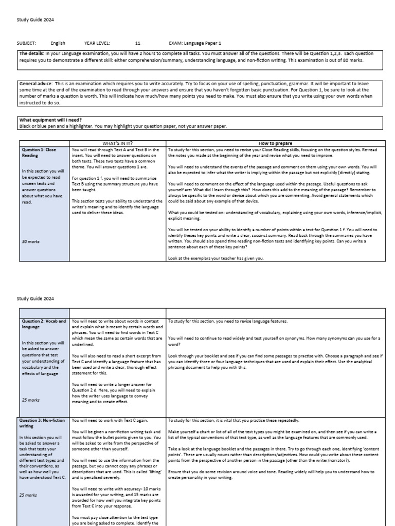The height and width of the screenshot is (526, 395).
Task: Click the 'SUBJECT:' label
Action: point(27,44)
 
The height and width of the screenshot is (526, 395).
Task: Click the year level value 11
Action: point(137,44)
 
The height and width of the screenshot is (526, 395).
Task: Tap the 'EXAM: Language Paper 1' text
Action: point(195,44)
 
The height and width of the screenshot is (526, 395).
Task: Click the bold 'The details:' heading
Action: point(31,53)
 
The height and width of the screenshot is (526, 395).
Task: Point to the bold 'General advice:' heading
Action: point(35,83)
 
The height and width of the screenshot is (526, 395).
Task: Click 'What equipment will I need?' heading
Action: point(47,120)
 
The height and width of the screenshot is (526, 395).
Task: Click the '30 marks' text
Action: point(30,241)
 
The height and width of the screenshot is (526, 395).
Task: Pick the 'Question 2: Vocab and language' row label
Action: point(43,324)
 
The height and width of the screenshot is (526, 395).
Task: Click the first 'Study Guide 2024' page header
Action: point(35,20)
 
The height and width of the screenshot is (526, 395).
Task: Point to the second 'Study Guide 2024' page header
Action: point(35,298)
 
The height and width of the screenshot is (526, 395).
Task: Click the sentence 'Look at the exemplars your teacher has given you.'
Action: point(216,258)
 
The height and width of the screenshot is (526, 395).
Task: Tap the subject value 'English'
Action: point(58,44)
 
